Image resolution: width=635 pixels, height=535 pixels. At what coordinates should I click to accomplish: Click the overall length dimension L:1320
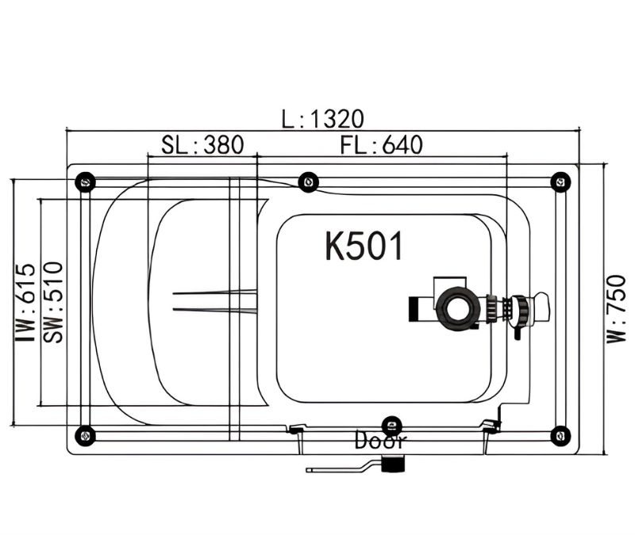(x=323, y=119)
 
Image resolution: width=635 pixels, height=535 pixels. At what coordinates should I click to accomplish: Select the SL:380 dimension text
(x=202, y=145)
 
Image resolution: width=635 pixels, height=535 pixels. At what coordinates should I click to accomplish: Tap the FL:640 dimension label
(x=382, y=145)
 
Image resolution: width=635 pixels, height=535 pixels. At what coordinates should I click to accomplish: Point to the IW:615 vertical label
(x=25, y=302)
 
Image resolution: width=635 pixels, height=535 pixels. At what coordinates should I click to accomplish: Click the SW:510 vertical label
(x=53, y=302)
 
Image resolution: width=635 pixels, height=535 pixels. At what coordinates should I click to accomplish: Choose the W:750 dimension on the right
(x=616, y=308)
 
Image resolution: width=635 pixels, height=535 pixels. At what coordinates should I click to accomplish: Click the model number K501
(x=364, y=246)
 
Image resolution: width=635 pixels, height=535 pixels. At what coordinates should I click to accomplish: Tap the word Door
(x=380, y=441)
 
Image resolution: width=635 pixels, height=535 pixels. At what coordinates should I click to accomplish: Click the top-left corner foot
(x=86, y=182)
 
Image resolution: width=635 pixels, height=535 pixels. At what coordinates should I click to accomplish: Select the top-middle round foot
(x=308, y=182)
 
